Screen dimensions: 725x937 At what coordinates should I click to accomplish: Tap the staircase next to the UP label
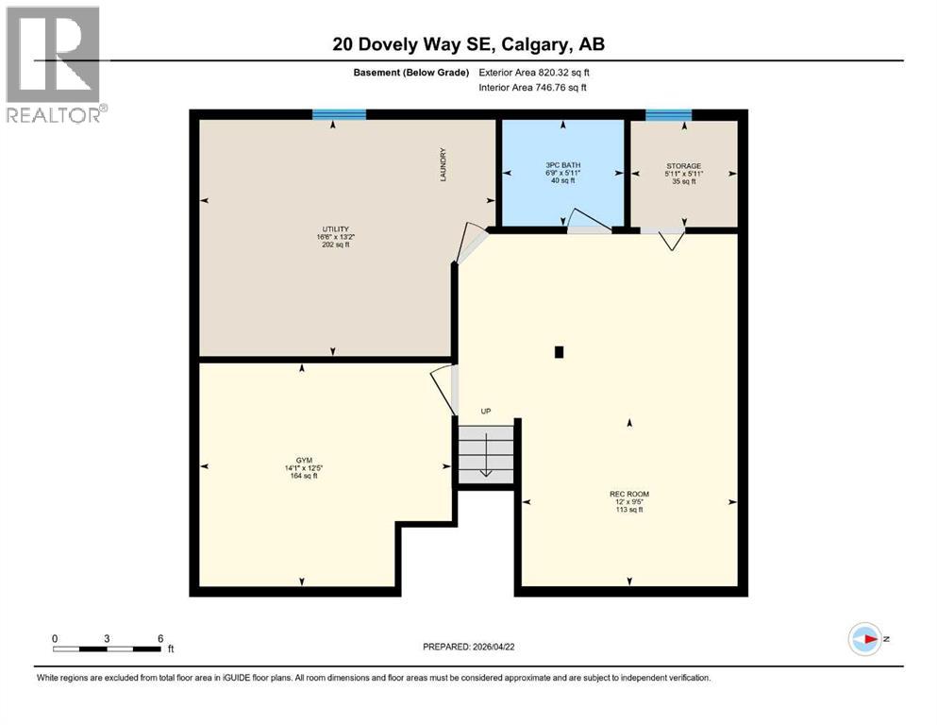[486, 454]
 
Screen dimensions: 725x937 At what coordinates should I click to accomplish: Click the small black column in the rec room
[559, 352]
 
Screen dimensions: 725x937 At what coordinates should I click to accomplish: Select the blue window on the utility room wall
[339, 114]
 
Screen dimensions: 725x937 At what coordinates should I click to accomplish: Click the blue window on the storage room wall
[668, 114]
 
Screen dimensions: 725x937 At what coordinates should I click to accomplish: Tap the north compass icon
[864, 639]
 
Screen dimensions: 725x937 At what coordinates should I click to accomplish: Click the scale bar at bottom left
[107, 649]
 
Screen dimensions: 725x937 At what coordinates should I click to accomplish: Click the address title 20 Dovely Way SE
[468, 43]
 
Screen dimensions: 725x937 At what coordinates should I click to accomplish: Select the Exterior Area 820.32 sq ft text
[536, 73]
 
